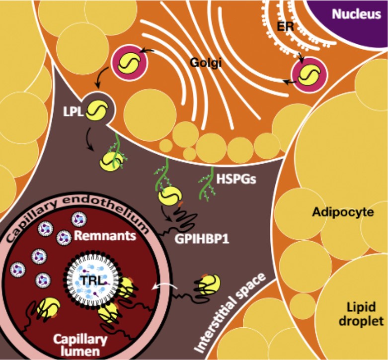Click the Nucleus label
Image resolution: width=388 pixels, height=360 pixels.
click(x=357, y=14)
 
